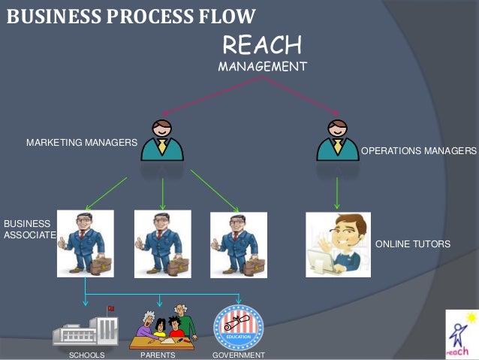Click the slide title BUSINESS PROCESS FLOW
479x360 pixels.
(131, 15)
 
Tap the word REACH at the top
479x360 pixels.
(262, 45)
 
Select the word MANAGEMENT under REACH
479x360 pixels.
(262, 67)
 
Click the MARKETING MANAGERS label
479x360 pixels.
(82, 142)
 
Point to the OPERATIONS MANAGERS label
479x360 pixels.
(419, 151)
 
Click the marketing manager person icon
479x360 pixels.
(162, 139)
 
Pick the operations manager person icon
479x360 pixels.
(338, 139)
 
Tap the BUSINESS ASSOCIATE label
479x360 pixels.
(29, 229)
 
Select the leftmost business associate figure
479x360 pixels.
(86, 244)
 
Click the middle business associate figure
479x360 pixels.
(162, 244)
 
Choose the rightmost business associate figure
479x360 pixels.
(239, 244)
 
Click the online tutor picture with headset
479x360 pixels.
(338, 245)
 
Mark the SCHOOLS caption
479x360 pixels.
(87, 355)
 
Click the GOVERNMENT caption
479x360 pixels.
(239, 355)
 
